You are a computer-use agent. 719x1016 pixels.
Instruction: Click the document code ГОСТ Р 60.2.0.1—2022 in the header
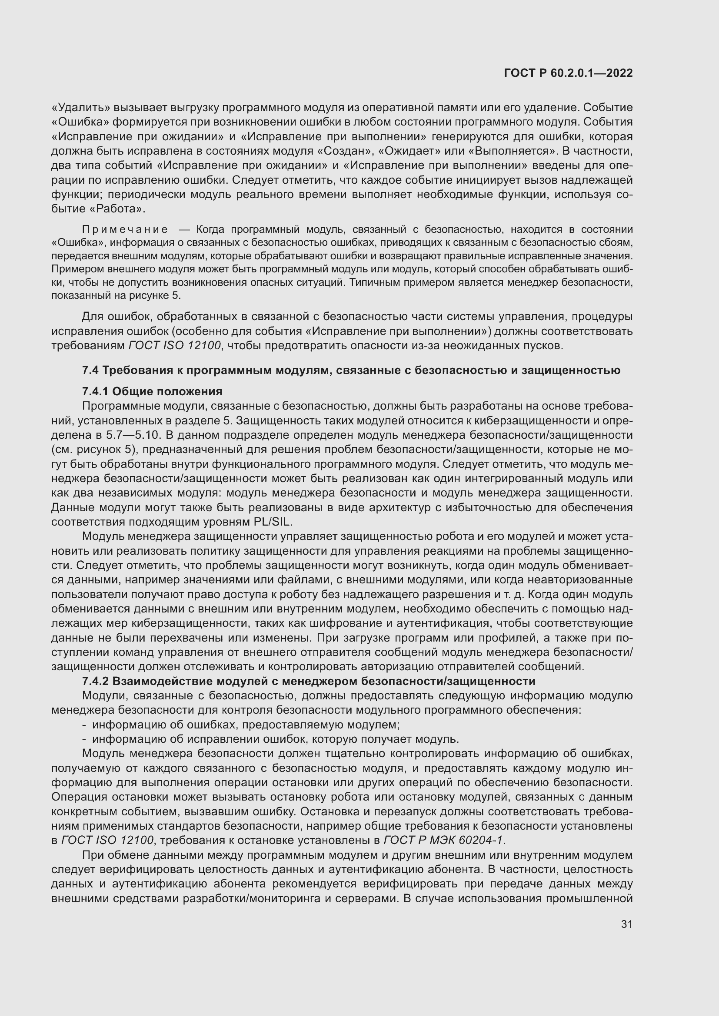click(568, 73)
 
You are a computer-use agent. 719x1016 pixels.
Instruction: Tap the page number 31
click(626, 924)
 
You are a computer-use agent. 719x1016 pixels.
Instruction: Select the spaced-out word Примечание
click(125, 230)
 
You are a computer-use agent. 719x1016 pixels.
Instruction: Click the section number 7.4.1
click(95, 392)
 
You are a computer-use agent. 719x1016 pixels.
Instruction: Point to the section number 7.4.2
click(95, 681)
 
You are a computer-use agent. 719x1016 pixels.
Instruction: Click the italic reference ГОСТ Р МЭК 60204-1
click(444, 840)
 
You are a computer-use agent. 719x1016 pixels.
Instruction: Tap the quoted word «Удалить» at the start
click(80, 108)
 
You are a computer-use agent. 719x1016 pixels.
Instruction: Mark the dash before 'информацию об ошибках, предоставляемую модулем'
click(84, 725)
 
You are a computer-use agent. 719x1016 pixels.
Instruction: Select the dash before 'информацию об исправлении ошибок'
click(84, 739)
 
